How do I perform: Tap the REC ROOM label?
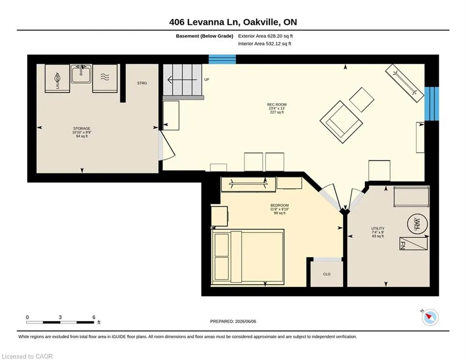pyautogui.click(x=277, y=105)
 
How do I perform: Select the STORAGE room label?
pyautogui.click(x=82, y=128)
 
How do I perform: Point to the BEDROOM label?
pyautogui.click(x=279, y=205)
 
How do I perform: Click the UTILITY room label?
pyautogui.click(x=378, y=228)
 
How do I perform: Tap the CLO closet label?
pyautogui.click(x=326, y=274)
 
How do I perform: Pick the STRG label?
pyautogui.click(x=142, y=83)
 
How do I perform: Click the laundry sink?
pyautogui.click(x=81, y=74)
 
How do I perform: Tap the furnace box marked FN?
pyautogui.click(x=414, y=244)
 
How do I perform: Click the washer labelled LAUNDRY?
pyautogui.click(x=57, y=79)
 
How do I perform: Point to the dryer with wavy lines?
pyautogui.click(x=105, y=79)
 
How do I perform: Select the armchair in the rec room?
pyautogui.click(x=341, y=122)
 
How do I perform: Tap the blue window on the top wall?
pyautogui.click(x=222, y=59)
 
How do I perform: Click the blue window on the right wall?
pyautogui.click(x=431, y=104)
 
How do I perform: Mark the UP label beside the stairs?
pyautogui.click(x=207, y=79)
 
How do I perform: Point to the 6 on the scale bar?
pyautogui.click(x=94, y=317)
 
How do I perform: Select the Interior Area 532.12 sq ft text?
pyautogui.click(x=265, y=44)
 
